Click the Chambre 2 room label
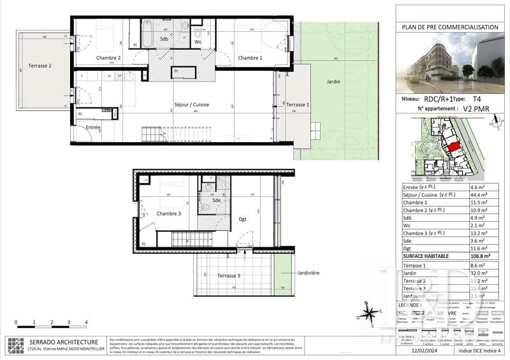(108, 58)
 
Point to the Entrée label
(94, 128)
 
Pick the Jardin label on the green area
(331, 82)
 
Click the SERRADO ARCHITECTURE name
(62, 342)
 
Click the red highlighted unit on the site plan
(452, 147)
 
